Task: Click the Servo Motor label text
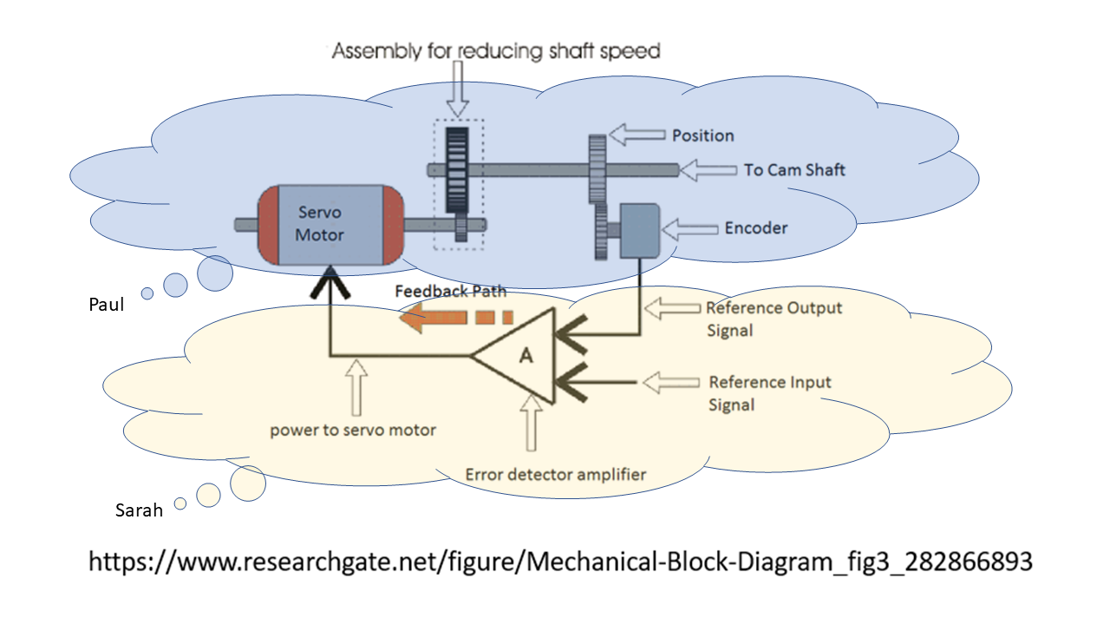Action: point(320,224)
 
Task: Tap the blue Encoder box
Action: point(639,230)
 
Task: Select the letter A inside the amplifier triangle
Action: point(526,355)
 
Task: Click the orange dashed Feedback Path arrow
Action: point(455,317)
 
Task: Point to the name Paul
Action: point(106,304)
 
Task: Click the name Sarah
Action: point(139,510)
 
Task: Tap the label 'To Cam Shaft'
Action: point(794,169)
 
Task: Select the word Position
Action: point(702,135)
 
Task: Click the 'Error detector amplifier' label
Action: point(556,475)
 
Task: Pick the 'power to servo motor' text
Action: point(353,430)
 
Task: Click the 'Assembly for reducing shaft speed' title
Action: point(496,50)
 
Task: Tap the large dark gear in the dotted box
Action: point(457,170)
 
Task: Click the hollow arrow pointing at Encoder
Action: point(689,229)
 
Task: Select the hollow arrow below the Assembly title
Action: point(458,89)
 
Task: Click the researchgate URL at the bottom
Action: point(560,562)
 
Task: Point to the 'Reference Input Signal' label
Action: point(769,393)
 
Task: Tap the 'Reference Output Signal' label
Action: point(774,319)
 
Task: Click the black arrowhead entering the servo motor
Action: point(330,282)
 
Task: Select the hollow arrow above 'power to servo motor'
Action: point(356,387)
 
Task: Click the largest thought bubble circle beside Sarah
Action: point(248,484)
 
